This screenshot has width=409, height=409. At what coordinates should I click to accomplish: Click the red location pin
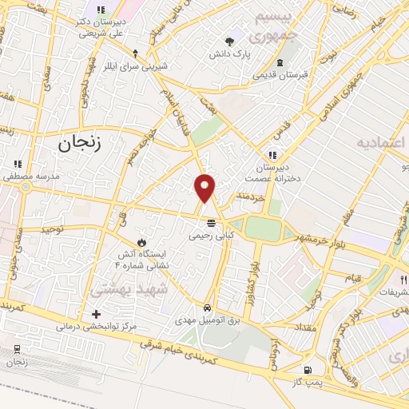tap(204, 187)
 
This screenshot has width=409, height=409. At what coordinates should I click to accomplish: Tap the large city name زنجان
tap(82, 144)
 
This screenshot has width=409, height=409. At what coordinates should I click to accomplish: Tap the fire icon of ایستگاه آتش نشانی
tap(141, 240)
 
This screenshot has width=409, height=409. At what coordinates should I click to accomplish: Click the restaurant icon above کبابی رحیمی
tap(211, 223)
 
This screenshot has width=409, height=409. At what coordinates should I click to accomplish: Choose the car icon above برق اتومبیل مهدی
tap(207, 307)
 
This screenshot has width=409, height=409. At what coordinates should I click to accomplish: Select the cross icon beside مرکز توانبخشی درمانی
tap(97, 314)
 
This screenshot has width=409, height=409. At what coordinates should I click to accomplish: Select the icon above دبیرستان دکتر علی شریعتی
tap(101, 10)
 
